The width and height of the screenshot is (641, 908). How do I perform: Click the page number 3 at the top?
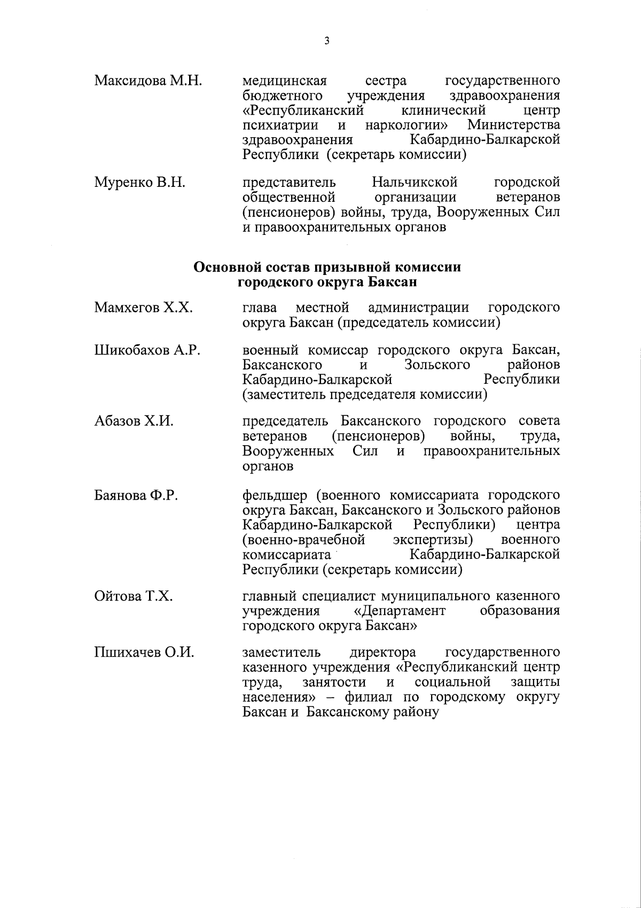326,40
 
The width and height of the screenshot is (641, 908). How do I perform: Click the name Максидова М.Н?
148,81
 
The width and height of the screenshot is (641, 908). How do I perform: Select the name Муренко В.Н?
139,183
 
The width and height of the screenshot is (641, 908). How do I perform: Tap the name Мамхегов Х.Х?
143,308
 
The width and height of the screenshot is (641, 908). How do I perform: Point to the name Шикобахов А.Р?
147,351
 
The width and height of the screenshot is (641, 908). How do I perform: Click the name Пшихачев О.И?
144,653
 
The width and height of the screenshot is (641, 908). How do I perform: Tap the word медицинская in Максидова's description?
284,81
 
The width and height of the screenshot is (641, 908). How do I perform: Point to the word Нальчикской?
415,183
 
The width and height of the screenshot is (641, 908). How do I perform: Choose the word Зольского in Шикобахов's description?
437,365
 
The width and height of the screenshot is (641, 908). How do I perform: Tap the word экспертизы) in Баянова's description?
435,540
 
